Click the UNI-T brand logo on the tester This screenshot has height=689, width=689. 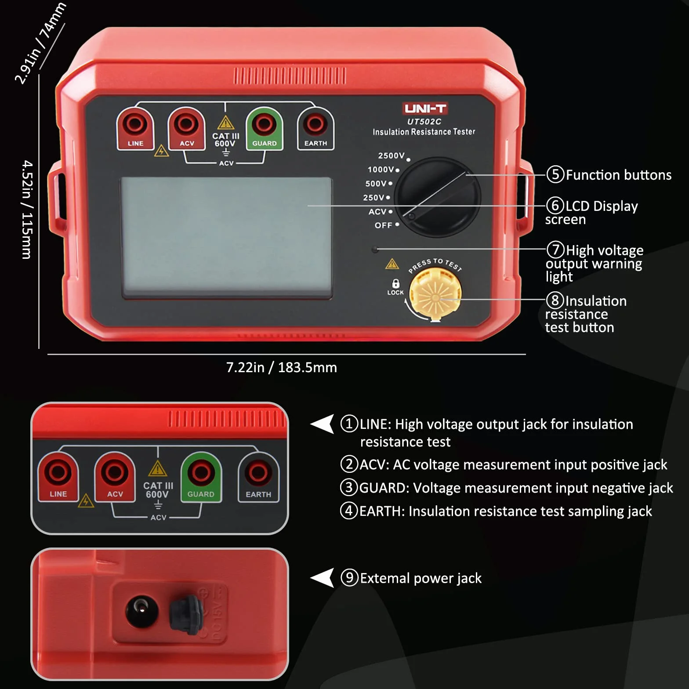[425, 109]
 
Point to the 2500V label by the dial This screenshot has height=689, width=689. [391, 156]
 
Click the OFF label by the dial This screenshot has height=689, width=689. [383, 225]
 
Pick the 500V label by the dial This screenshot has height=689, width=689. [376, 184]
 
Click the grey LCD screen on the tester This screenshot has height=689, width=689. [226, 238]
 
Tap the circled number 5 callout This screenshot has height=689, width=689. [555, 174]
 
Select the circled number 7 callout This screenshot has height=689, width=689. [555, 250]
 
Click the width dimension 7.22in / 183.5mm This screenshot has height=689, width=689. [282, 367]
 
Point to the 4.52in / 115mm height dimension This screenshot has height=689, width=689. [27, 210]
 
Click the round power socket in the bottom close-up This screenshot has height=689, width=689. [141, 611]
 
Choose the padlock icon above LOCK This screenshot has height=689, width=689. [395, 283]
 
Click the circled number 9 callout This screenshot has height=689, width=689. [349, 577]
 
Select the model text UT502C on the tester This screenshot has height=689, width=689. [424, 122]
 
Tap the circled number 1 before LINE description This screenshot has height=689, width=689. [349, 424]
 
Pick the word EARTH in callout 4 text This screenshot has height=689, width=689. [380, 511]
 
